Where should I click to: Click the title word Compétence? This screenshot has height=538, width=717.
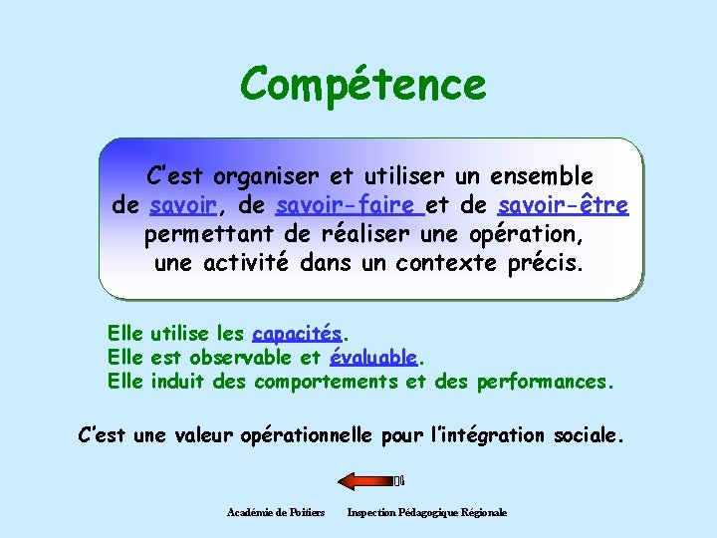click(362, 85)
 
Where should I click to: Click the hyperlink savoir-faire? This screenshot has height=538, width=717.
click(345, 206)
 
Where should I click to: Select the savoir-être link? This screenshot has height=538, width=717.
click(563, 206)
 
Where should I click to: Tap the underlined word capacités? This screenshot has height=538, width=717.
click(297, 334)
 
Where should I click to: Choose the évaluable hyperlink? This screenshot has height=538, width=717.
click(372, 358)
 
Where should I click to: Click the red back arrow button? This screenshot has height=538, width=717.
click(367, 481)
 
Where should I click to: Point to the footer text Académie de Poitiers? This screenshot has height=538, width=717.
click(276, 512)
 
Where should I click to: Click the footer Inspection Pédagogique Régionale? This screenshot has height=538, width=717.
click(426, 512)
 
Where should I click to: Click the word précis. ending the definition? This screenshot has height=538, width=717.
click(545, 264)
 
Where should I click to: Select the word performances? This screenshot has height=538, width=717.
click(546, 382)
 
